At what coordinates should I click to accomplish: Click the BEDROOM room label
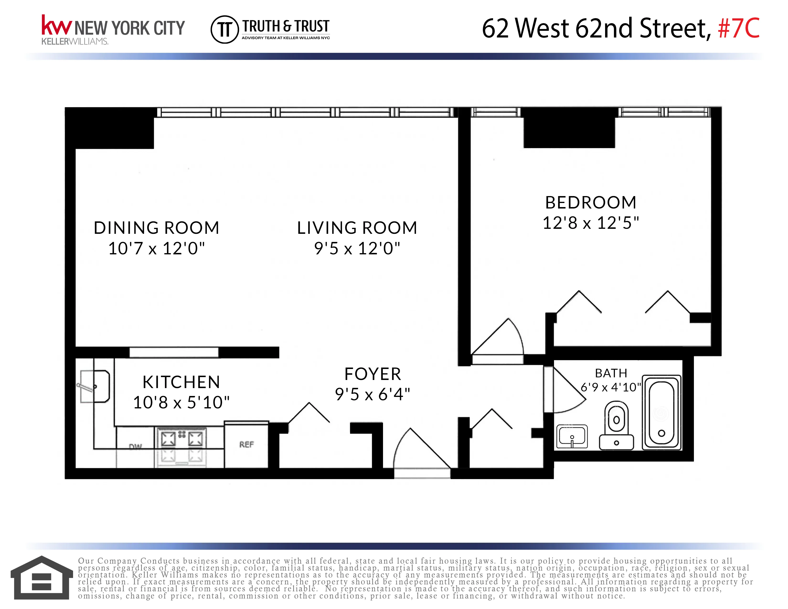click(591, 202)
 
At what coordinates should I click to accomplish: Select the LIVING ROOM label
click(357, 228)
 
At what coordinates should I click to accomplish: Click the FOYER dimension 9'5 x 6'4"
click(372, 394)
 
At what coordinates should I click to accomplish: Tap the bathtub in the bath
click(661, 412)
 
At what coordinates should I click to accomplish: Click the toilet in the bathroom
click(616, 426)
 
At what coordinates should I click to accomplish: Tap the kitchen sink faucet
click(87, 387)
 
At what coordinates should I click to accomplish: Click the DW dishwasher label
click(135, 447)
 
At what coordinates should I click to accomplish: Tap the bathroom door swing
click(566, 390)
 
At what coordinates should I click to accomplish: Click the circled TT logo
click(224, 29)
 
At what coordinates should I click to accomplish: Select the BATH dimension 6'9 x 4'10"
click(611, 387)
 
